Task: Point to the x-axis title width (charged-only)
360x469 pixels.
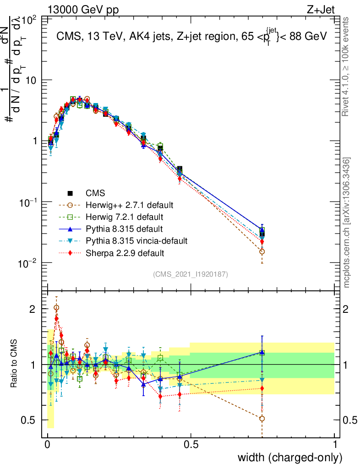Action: [290, 457]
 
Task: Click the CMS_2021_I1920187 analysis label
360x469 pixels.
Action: [191, 274]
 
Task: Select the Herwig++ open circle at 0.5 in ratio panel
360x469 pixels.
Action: [262, 419]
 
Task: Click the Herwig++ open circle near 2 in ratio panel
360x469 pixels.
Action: [56, 308]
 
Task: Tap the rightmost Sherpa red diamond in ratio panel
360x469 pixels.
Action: [262, 388]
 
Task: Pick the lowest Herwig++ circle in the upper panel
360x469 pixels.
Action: [262, 251]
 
